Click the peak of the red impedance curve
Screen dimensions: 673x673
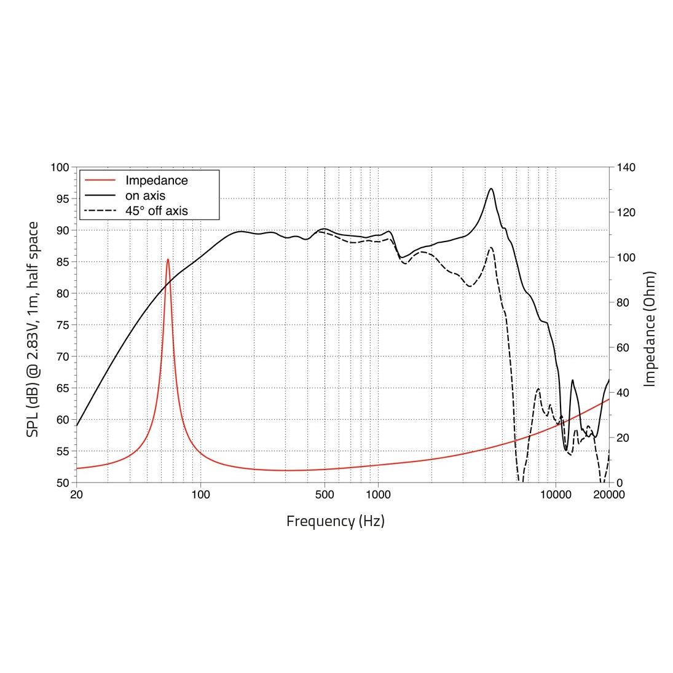(x=168, y=259)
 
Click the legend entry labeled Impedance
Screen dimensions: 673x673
(x=156, y=181)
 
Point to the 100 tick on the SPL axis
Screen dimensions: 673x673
(x=61, y=167)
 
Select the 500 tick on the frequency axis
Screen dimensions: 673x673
(x=325, y=495)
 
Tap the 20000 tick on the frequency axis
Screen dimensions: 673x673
(x=608, y=495)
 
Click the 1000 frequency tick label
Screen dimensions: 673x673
(x=378, y=495)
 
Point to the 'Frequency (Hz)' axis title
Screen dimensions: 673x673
(x=336, y=521)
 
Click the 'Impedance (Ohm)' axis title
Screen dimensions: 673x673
(x=650, y=329)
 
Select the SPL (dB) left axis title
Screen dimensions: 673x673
(x=33, y=329)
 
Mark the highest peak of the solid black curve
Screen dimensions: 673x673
(x=491, y=189)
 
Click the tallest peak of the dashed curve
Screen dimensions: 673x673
(x=490, y=248)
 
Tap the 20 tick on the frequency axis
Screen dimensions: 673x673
(x=77, y=495)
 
